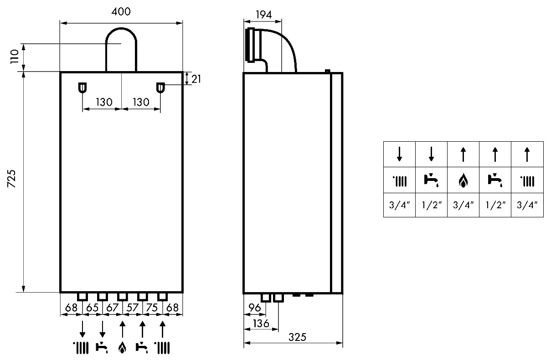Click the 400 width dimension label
click(121, 11)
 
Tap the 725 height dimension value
click(11, 179)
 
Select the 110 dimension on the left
click(15, 57)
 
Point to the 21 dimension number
click(196, 79)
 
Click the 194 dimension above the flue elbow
click(264, 15)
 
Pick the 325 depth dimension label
click(297, 337)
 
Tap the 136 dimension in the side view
click(261, 324)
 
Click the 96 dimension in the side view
click(255, 308)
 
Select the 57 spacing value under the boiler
click(133, 308)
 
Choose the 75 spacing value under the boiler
click(152, 308)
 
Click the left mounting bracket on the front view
click(82, 88)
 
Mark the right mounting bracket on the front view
click(160, 88)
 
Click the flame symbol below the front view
click(122, 348)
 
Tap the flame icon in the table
click(463, 181)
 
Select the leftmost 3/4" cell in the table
click(399, 205)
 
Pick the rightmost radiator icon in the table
click(527, 181)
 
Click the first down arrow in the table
click(400, 154)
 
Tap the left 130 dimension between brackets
click(104, 102)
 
